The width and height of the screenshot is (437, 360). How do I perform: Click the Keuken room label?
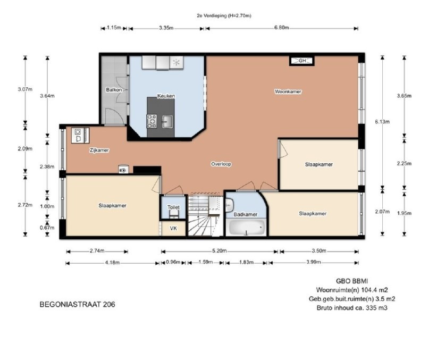(x=166, y=96)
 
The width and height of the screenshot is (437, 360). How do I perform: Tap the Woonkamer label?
(x=288, y=91)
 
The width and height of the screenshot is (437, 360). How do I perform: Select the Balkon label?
(x=114, y=90)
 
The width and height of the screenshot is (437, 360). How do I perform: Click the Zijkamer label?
(x=99, y=150)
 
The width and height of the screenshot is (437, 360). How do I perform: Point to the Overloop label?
(x=221, y=164)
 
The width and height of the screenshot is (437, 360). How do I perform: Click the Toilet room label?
(x=173, y=207)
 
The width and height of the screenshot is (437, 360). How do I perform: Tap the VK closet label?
(x=173, y=228)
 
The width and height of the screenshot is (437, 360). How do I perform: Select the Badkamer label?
(x=246, y=214)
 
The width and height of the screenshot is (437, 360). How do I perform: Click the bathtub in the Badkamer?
(x=247, y=227)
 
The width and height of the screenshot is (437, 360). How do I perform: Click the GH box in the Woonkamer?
(x=302, y=61)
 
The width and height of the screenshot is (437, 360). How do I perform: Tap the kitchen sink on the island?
(x=167, y=122)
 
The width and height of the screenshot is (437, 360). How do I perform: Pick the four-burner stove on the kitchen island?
(x=152, y=122)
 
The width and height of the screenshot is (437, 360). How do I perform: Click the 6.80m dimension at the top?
(x=281, y=28)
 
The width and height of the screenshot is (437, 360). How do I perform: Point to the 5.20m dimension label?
(x=220, y=250)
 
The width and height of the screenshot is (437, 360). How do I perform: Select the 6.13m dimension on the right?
(x=382, y=122)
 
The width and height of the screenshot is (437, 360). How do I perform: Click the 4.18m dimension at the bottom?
(x=112, y=262)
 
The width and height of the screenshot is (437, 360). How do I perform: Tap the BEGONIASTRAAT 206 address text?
(x=77, y=304)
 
